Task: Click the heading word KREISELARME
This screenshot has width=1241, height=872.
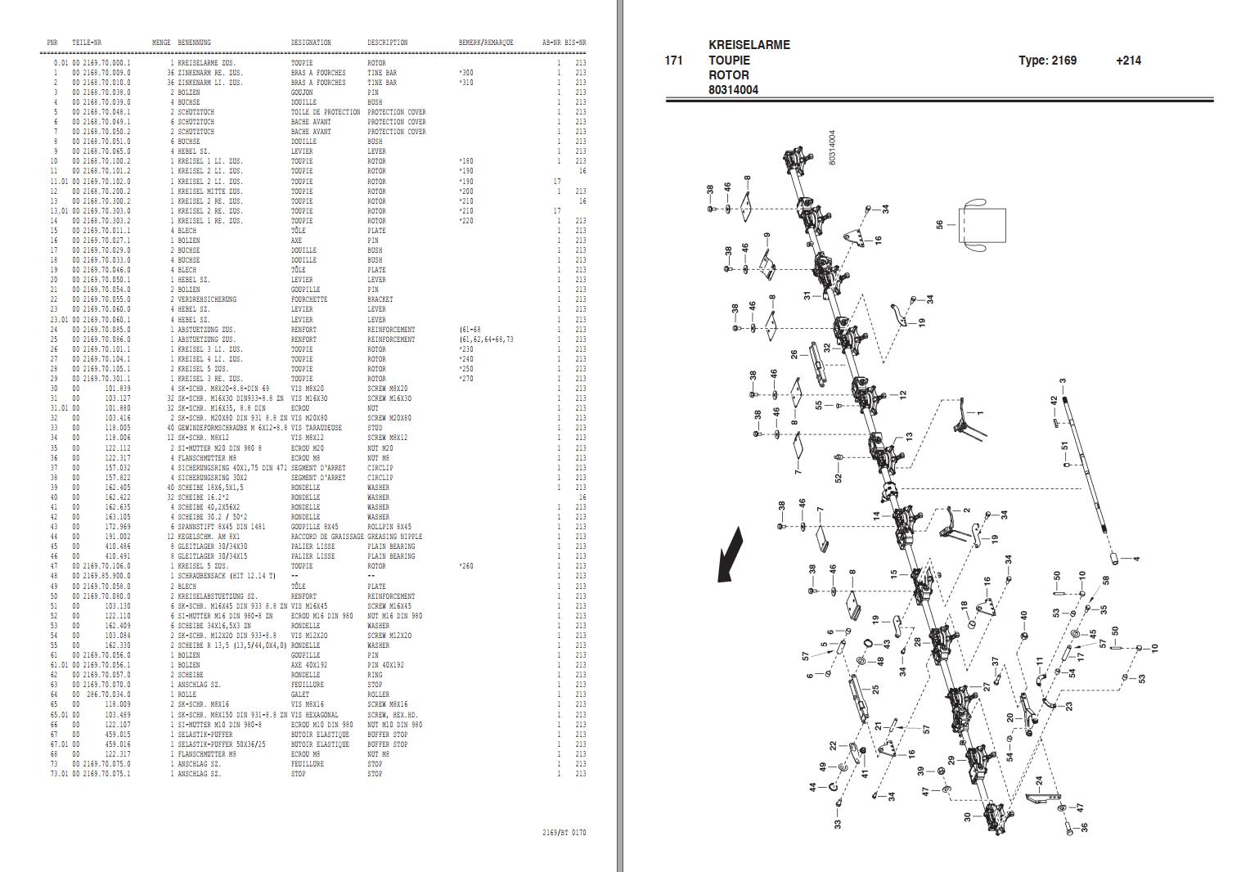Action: (749, 45)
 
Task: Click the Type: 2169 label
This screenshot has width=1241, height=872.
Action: (1047, 61)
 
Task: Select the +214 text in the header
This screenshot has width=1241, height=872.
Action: (1127, 61)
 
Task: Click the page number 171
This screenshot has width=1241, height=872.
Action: (673, 61)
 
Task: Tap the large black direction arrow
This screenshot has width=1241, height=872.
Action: (731, 555)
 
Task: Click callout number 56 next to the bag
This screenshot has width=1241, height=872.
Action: (940, 223)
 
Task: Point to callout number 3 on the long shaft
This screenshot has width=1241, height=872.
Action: (1062, 381)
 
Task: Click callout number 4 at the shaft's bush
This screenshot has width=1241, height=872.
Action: (1136, 559)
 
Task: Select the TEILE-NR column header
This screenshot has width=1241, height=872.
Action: (87, 43)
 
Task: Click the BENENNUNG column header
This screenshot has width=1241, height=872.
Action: (194, 43)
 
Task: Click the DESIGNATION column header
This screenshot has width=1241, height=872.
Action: (311, 43)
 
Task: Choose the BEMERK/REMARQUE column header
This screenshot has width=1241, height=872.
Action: (486, 43)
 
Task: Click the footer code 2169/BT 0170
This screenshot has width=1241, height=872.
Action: (564, 833)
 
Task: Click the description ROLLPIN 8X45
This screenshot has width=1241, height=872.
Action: (389, 527)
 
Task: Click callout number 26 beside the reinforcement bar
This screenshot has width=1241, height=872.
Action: (794, 354)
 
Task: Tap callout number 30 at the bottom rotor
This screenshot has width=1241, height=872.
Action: (967, 816)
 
